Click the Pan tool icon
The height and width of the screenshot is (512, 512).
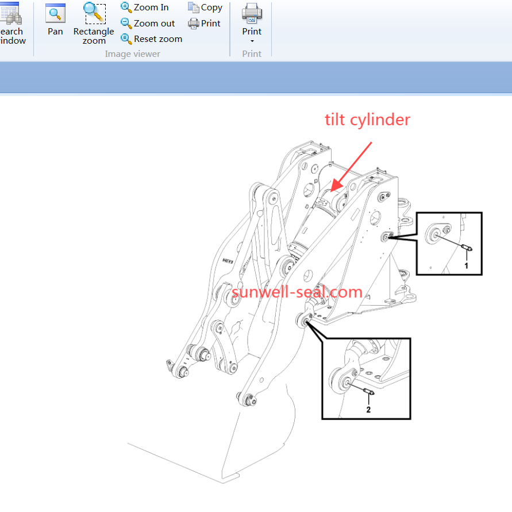(55, 13)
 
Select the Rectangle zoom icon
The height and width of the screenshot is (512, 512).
(94, 13)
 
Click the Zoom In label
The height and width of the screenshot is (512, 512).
(151, 7)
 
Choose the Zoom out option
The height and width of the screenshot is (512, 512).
(154, 23)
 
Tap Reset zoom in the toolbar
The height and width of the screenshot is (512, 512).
(158, 39)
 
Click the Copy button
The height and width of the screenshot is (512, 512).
(205, 7)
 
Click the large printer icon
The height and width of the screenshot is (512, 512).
(252, 13)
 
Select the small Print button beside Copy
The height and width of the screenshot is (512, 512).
(205, 23)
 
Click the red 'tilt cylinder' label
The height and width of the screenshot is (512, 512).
(367, 120)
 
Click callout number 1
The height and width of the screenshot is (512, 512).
(466, 266)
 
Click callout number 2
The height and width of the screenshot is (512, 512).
(368, 410)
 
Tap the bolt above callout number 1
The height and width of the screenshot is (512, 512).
(467, 247)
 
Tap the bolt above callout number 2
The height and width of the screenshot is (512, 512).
(369, 391)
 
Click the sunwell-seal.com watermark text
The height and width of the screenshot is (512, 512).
(297, 292)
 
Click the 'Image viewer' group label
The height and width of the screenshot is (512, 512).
(132, 54)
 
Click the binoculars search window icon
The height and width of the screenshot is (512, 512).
(11, 13)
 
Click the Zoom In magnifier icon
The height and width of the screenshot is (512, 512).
(126, 7)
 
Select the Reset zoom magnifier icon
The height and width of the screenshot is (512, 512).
(126, 39)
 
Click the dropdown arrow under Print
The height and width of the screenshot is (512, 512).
(252, 41)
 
